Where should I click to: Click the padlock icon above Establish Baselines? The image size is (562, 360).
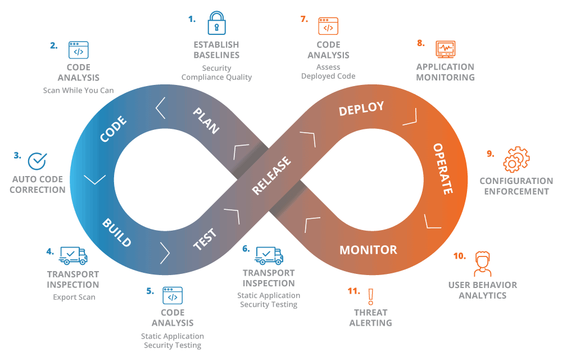pyautogui.click(x=216, y=24)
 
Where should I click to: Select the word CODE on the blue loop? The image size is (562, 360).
pyautogui.click(x=113, y=129)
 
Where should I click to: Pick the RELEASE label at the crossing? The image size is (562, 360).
pyautogui.click(x=271, y=176)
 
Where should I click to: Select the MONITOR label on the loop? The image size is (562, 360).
pyautogui.click(x=368, y=250)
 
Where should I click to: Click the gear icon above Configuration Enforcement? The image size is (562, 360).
pyautogui.click(x=516, y=160)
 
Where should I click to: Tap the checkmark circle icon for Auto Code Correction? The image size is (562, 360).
pyautogui.click(x=38, y=161)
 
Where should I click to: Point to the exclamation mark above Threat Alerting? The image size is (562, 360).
pyautogui.click(x=370, y=296)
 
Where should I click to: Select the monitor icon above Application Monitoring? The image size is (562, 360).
pyautogui.click(x=445, y=49)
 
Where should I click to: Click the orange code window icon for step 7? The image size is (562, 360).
pyautogui.click(x=328, y=26)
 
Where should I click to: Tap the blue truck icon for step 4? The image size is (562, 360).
pyautogui.click(x=73, y=256)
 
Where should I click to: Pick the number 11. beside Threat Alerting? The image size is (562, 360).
pyautogui.click(x=353, y=291)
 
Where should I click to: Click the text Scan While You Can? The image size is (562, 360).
pyautogui.click(x=78, y=90)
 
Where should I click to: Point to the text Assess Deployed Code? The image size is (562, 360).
pyautogui.click(x=328, y=71)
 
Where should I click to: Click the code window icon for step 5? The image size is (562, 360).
pyautogui.click(x=173, y=296)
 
